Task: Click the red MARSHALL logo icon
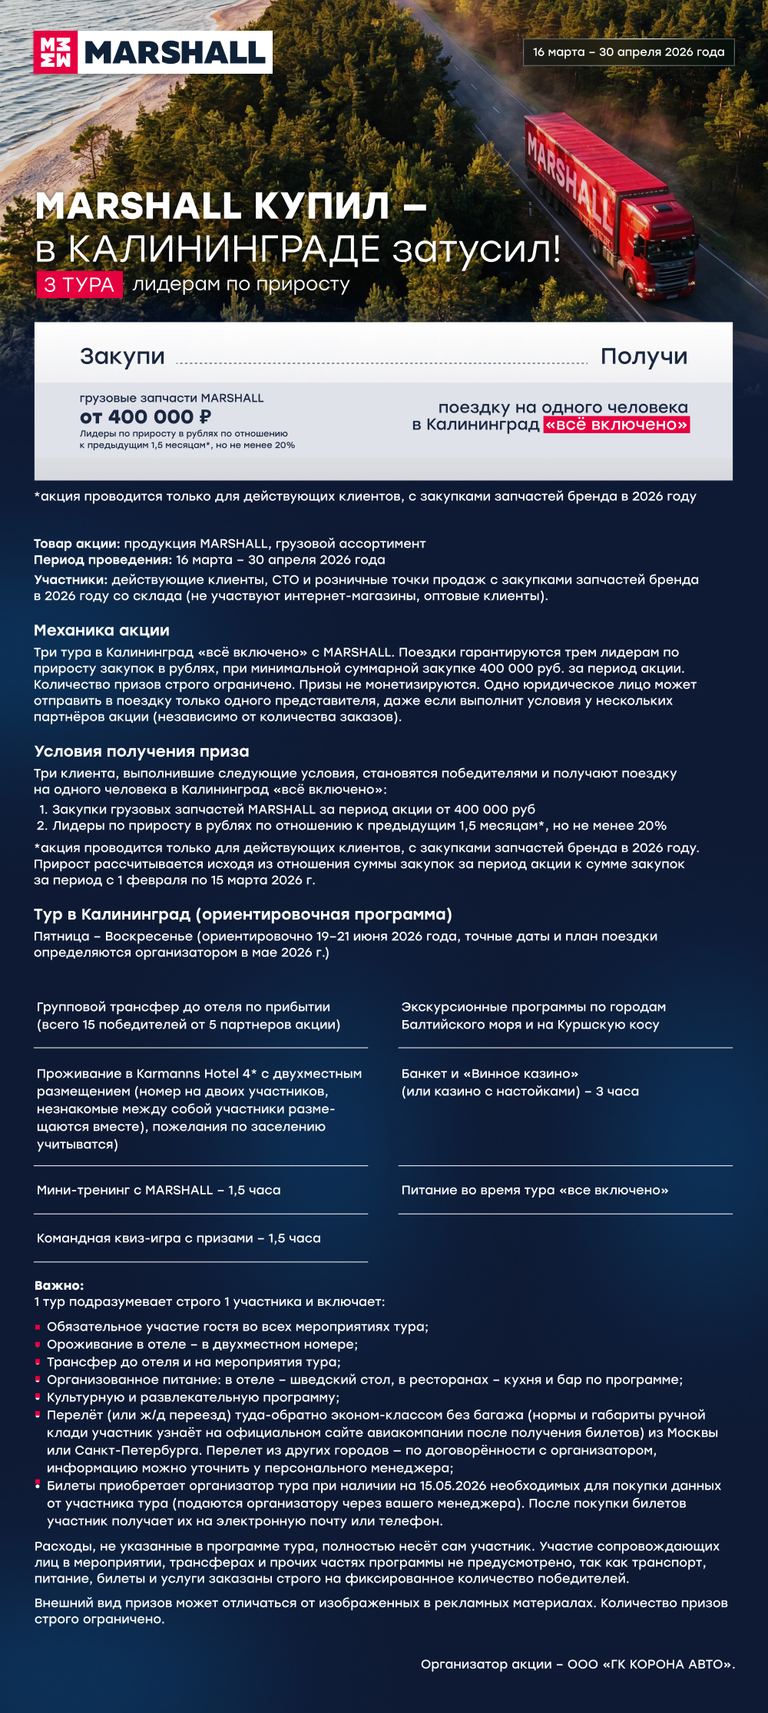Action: point(55,52)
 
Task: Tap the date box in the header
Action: point(628,52)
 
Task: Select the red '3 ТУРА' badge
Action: point(79,285)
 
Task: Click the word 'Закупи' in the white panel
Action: point(122,356)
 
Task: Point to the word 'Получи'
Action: point(644,356)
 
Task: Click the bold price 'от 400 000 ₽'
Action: point(145,417)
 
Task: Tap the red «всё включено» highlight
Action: point(617,425)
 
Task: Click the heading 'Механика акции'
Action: point(101,631)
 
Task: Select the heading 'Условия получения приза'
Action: point(141,751)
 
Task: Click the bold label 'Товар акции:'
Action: point(77,544)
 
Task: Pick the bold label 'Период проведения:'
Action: point(103,560)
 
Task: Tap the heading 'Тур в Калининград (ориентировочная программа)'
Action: point(243,914)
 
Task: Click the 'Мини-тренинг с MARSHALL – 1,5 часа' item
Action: point(159,1190)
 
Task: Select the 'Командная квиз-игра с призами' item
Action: point(179,1238)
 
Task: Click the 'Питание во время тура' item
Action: point(535,1190)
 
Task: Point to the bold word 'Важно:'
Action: point(59,1285)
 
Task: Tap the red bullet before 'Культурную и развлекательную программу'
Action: point(37,1397)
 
